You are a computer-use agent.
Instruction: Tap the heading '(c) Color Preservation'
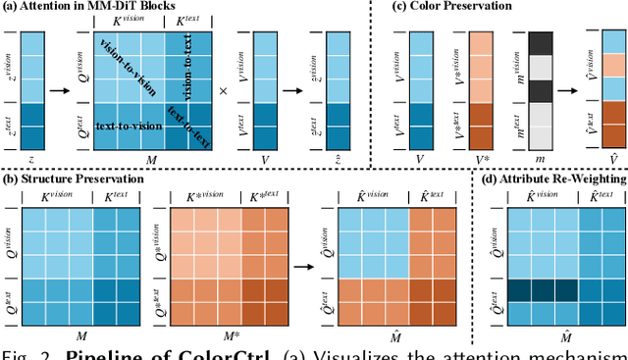[450, 6]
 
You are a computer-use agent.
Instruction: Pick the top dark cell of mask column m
[542, 43]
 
